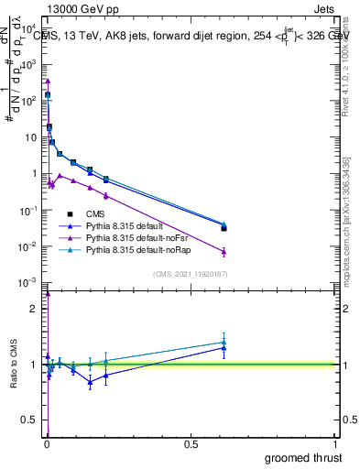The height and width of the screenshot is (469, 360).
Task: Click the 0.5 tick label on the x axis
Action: click(191, 445)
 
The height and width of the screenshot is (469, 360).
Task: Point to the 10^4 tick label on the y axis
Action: click(28, 29)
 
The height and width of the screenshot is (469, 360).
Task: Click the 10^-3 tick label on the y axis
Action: click(28, 282)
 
